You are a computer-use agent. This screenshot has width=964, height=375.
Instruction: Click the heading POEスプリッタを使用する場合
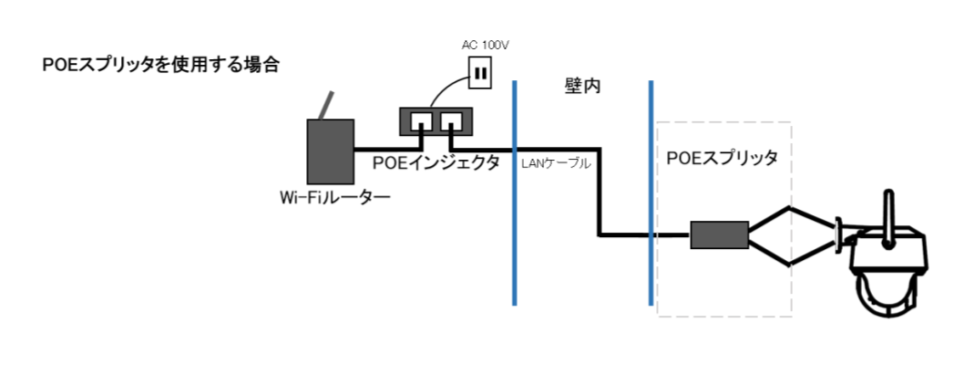159,66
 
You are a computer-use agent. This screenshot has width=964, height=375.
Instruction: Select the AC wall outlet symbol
479,73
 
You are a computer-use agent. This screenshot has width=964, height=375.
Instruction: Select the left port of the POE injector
421,120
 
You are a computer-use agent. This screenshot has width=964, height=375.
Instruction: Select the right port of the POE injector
452,120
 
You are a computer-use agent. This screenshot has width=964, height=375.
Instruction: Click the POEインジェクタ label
436,162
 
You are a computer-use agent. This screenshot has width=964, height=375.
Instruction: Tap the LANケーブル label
557,164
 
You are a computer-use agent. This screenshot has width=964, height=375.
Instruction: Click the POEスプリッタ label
722,158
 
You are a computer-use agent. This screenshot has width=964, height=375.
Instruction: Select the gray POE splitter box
719,234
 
